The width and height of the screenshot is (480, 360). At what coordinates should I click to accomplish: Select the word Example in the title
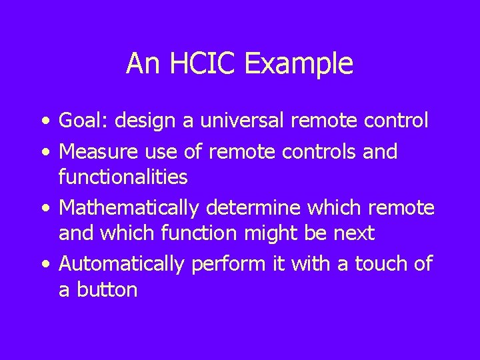pos(299,64)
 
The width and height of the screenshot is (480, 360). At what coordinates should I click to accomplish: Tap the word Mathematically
pos(129,208)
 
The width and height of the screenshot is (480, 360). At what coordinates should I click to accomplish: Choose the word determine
pos(246,208)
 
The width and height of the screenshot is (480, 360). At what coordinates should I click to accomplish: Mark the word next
pos(356,233)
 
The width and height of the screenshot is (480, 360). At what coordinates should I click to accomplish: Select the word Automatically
pos(121,264)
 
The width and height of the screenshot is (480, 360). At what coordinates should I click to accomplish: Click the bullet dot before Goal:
pos(45,122)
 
